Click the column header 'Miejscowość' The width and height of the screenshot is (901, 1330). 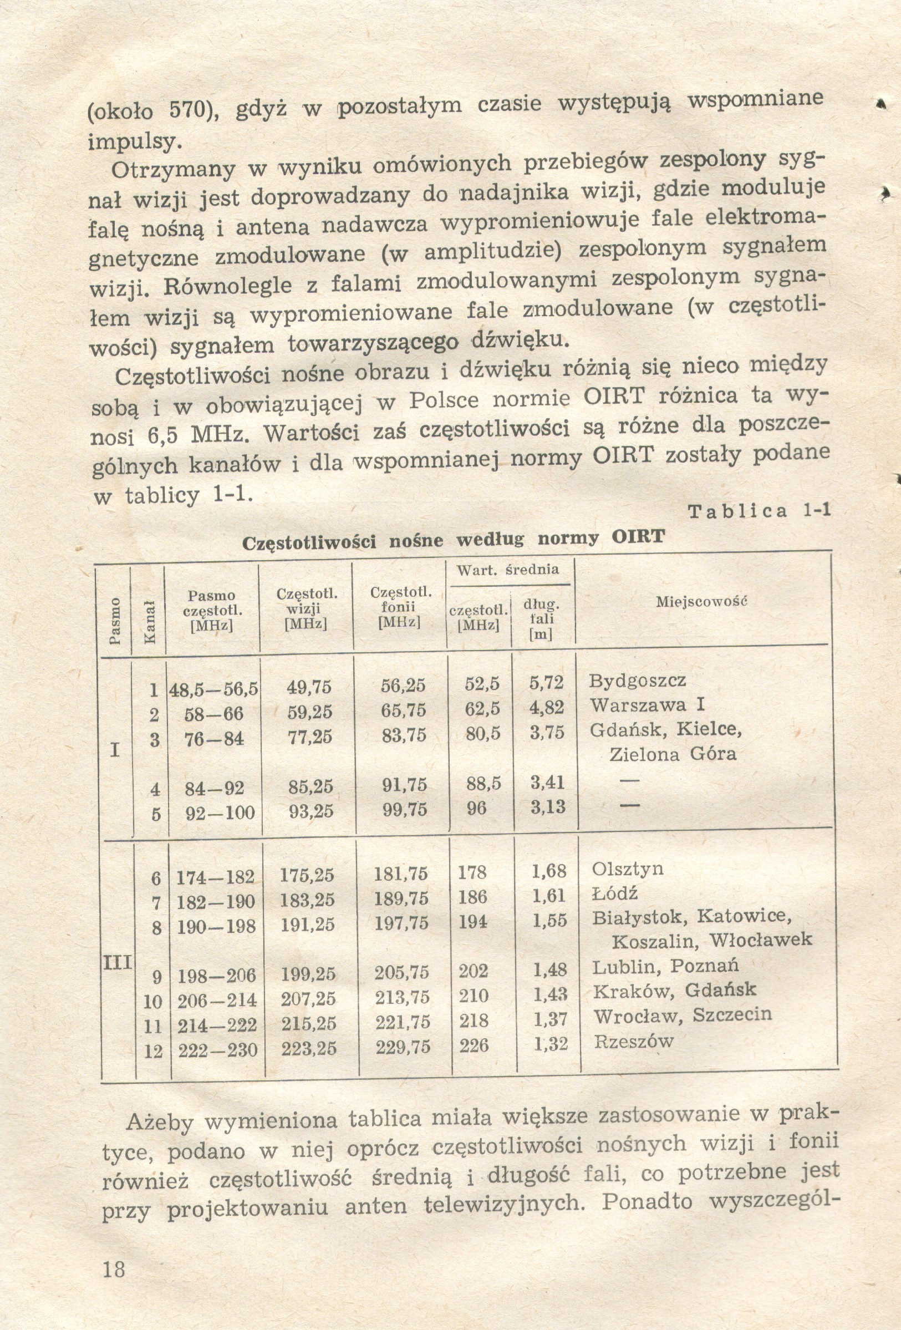coord(701,601)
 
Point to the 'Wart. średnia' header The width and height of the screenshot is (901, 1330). coord(507,570)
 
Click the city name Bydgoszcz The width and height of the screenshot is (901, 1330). coord(637,681)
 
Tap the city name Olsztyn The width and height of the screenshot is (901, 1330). coord(628,869)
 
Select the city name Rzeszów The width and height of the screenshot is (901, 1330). coord(633,1041)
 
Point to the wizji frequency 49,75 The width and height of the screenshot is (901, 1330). coord(309,687)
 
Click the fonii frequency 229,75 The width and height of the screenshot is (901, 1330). coord(403,1047)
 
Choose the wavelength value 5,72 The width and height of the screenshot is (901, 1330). coord(546,682)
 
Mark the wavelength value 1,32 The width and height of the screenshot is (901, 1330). coord(551,1044)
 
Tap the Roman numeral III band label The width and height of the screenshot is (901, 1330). coord(118,962)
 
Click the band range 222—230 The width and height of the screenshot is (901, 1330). coord(218,1050)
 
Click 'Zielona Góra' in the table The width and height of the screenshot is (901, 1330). coord(673,754)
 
